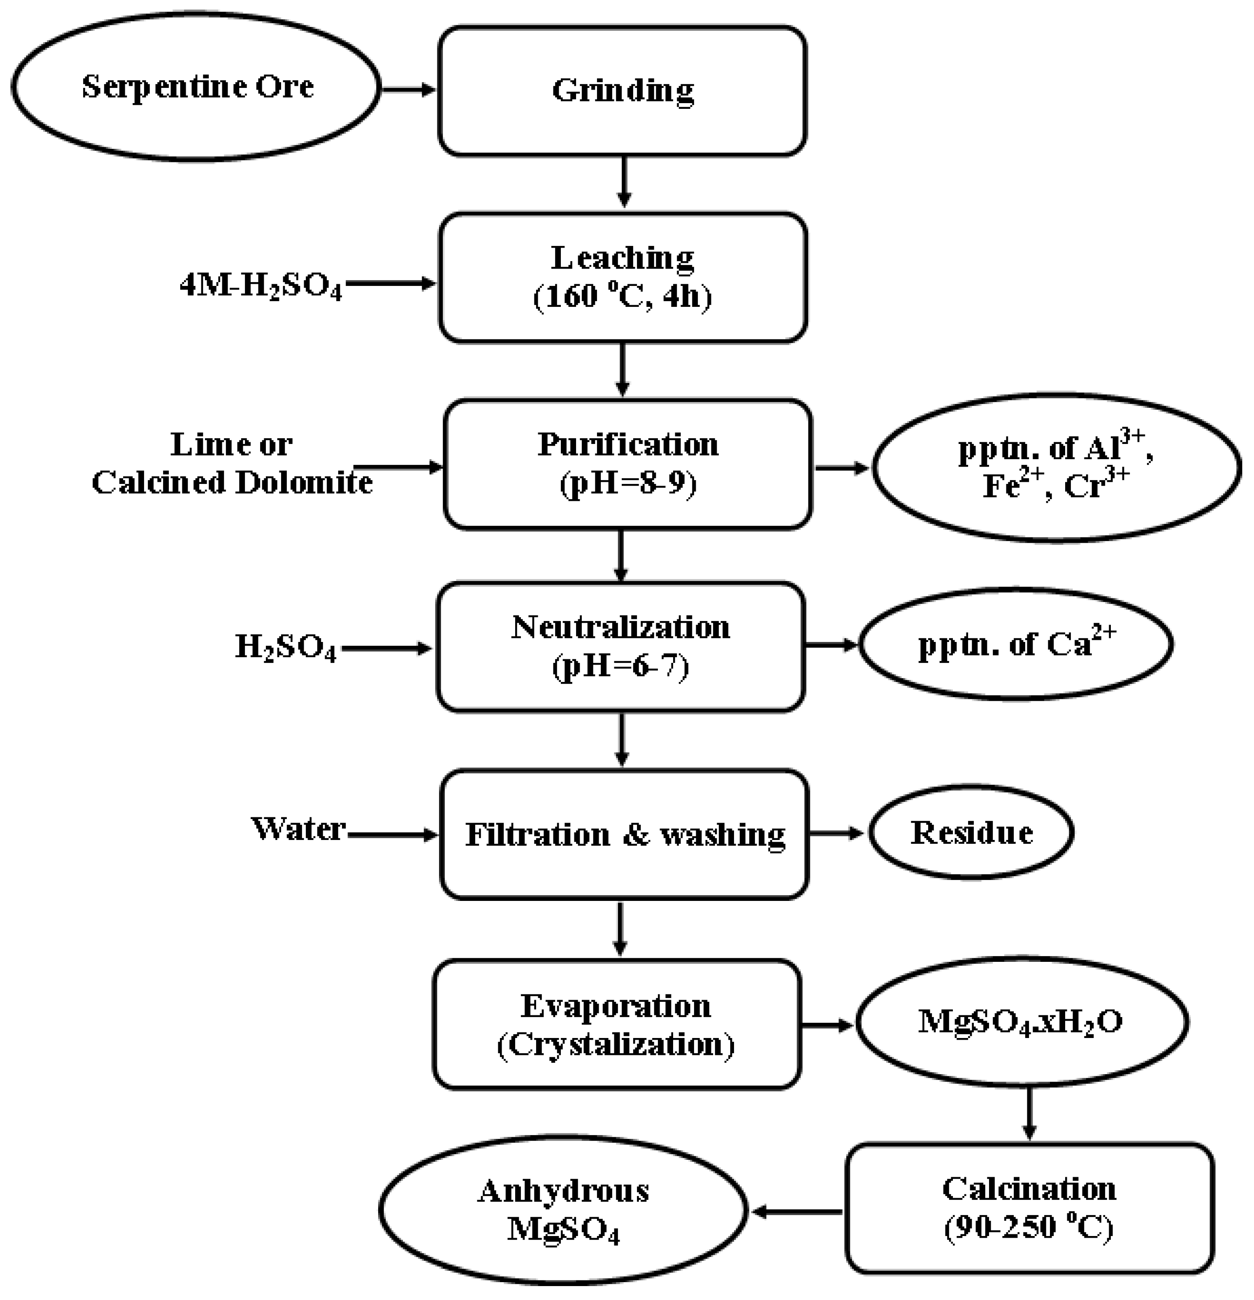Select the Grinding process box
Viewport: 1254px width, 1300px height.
pos(622,91)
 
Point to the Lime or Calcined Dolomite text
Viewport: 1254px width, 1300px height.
pos(231,464)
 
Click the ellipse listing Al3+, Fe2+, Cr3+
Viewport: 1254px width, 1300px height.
pos(1056,467)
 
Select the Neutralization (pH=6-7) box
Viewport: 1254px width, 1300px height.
pos(620,647)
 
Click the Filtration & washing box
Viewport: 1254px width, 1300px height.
pos(624,834)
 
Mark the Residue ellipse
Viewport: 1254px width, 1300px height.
pos(971,833)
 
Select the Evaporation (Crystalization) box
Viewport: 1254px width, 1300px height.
pos(617,1025)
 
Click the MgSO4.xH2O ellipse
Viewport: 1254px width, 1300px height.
pos(1021,1021)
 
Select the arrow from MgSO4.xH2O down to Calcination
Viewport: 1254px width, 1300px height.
pos(1029,1114)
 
